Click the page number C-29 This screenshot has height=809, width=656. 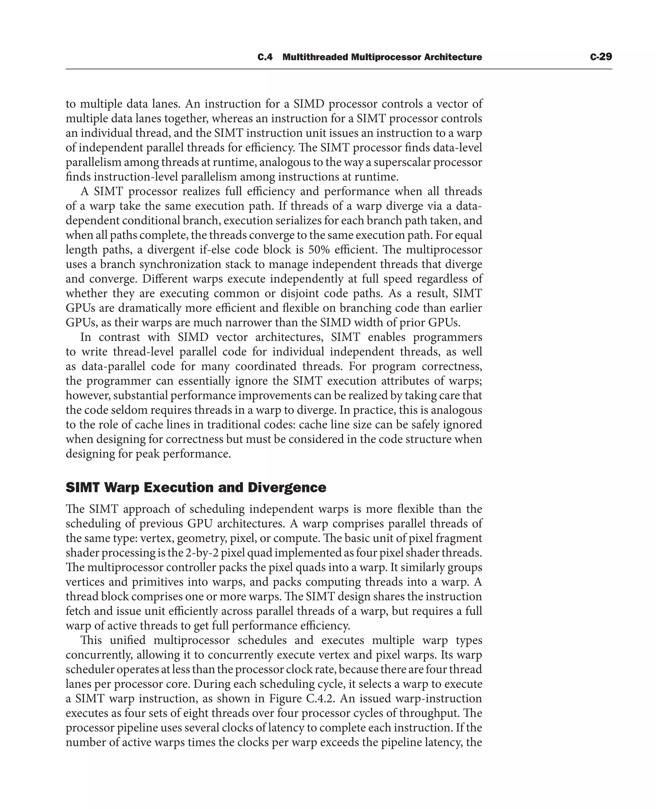tap(601, 57)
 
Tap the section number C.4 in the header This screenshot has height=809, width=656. tap(265, 57)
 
